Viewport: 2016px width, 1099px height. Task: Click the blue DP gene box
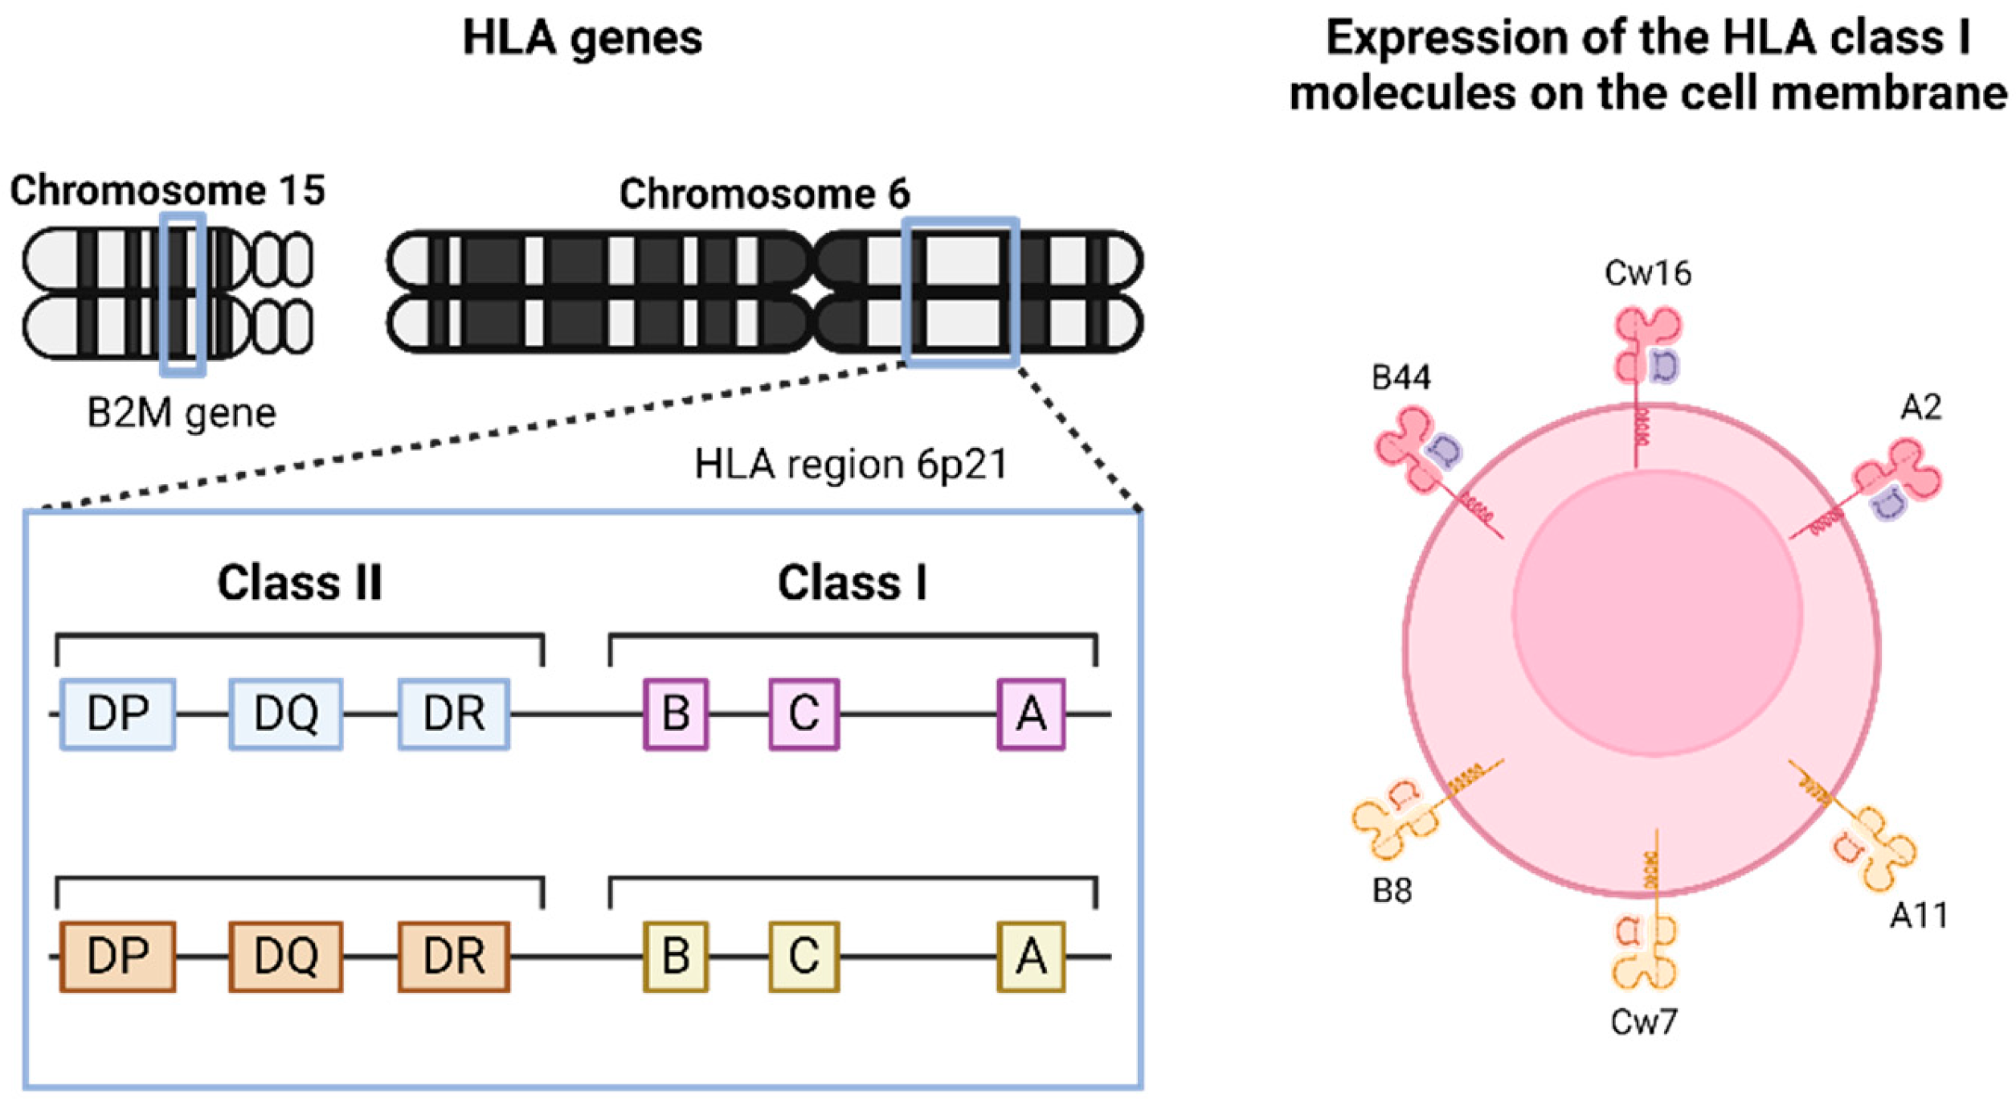click(x=118, y=714)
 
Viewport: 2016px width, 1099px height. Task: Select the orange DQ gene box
click(x=286, y=957)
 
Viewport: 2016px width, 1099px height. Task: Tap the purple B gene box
click(x=676, y=714)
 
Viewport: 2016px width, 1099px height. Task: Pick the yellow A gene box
click(x=1031, y=957)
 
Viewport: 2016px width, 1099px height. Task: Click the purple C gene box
click(x=804, y=714)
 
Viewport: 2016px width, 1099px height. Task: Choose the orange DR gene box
click(x=454, y=957)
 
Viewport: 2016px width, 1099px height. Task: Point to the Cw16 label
click(x=1647, y=274)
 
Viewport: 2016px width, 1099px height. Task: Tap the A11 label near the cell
click(x=1918, y=916)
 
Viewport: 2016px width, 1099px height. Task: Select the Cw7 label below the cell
click(x=1644, y=1023)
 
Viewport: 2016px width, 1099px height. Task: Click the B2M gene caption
click(x=182, y=413)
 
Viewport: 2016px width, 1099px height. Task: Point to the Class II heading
click(x=300, y=583)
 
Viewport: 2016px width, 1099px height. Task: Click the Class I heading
click(x=852, y=583)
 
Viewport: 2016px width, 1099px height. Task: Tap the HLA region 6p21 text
click(x=850, y=465)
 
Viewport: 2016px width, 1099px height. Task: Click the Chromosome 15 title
click(x=167, y=191)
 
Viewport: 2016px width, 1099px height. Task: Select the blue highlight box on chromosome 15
click(x=183, y=294)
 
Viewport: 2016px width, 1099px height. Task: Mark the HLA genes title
click(x=583, y=38)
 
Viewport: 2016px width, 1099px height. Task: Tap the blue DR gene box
click(x=454, y=714)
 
